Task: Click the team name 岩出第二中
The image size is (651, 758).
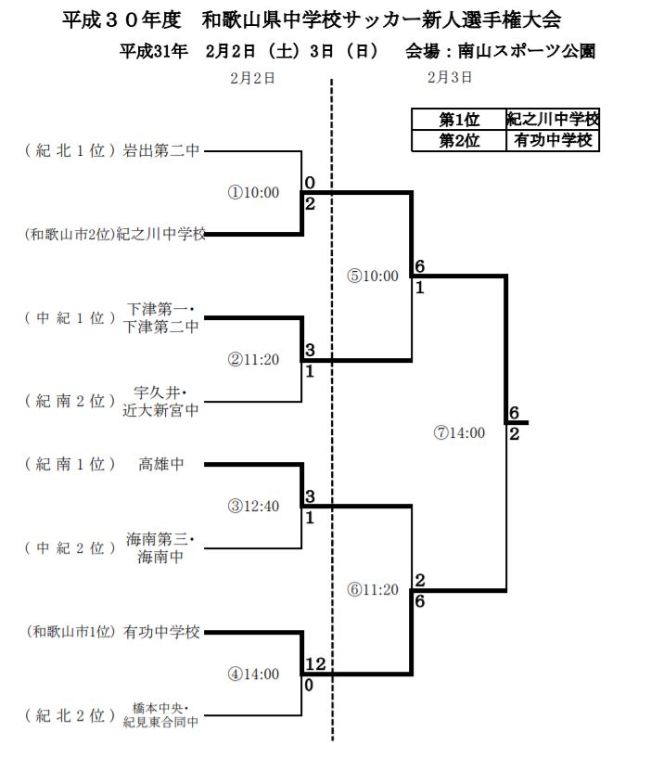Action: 162,150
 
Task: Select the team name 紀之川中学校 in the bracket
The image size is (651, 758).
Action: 160,236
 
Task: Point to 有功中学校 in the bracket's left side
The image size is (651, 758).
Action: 162,633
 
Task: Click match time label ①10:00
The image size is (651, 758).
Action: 253,193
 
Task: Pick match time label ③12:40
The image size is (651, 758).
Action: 253,506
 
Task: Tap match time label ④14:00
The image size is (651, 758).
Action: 253,674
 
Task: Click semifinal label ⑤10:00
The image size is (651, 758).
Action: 373,276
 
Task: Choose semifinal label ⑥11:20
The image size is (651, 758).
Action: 373,590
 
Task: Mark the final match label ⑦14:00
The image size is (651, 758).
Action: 459,432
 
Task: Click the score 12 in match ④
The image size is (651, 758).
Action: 314,665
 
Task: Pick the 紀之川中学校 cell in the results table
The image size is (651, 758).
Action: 553,120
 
